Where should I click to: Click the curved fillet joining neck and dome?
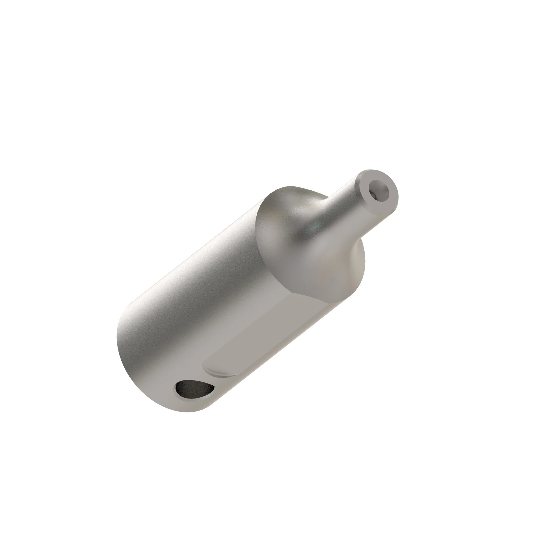328,210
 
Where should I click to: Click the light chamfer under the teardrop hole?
198,399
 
